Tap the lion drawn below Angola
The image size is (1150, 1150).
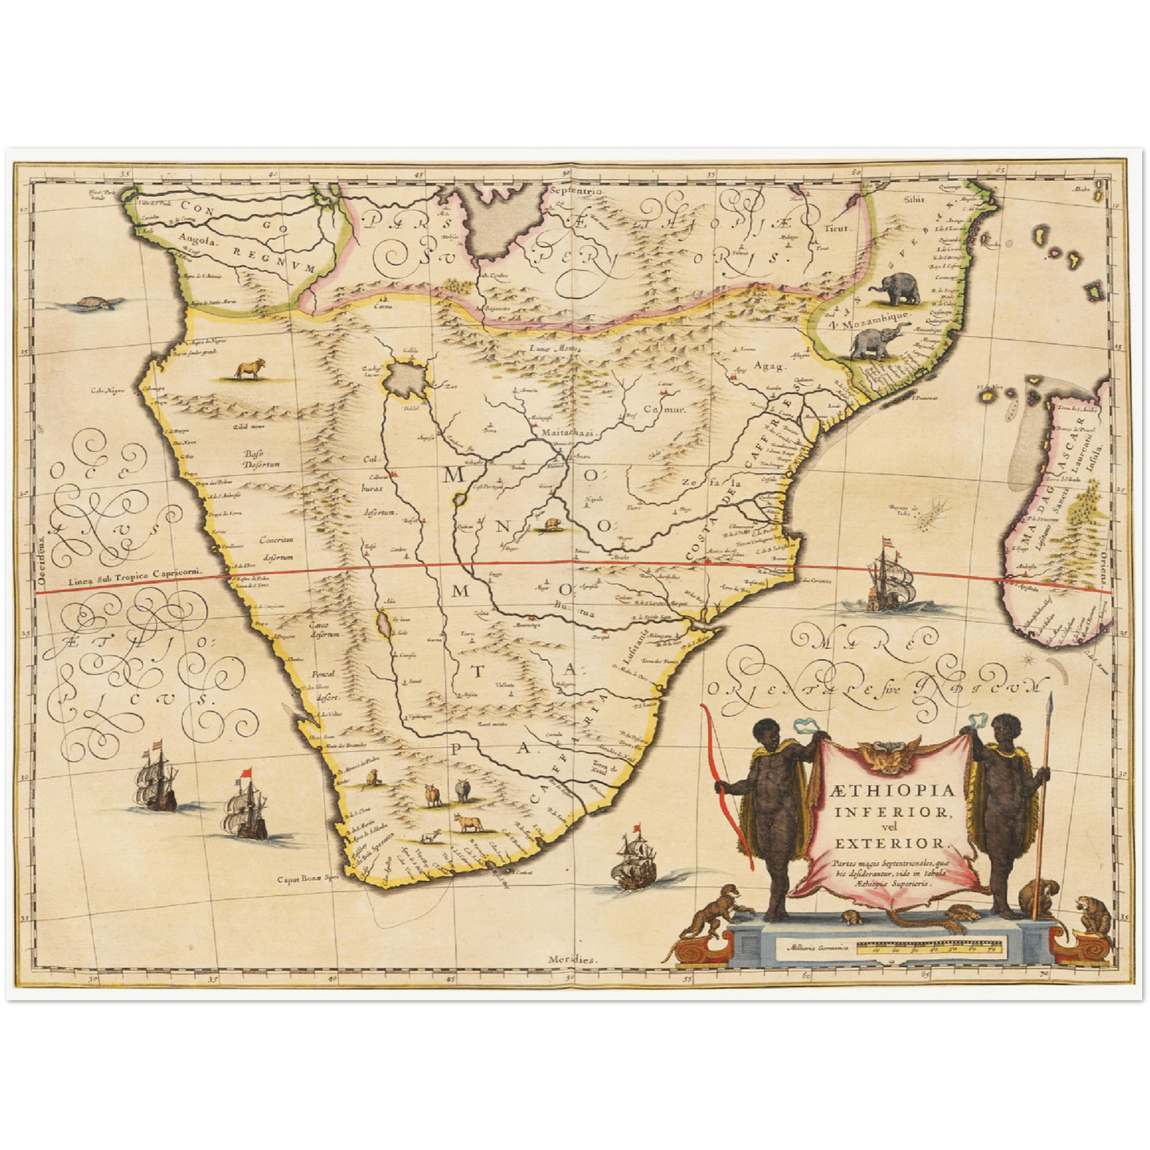pos(249,368)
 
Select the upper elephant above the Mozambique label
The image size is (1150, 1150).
pos(895,289)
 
